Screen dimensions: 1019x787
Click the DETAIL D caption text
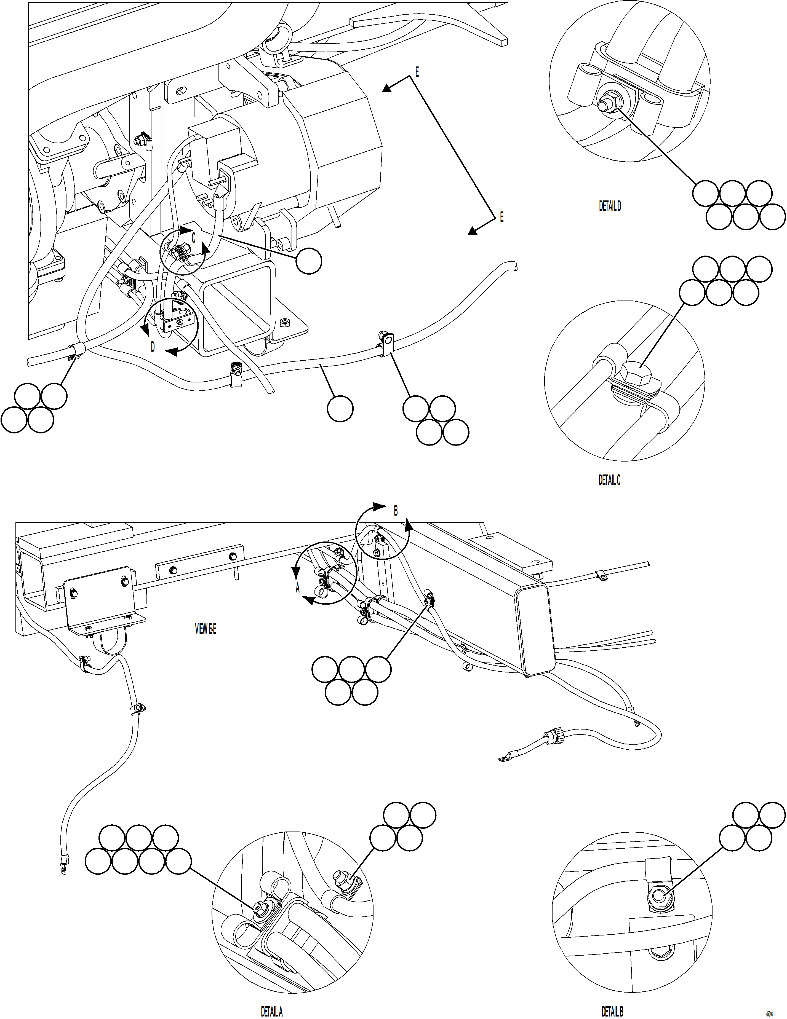pos(610,206)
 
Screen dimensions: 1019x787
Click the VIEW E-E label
pos(206,629)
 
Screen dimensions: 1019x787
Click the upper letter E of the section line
pos(417,72)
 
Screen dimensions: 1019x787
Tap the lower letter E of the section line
pos(502,218)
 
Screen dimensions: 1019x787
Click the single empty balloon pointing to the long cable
pos(340,409)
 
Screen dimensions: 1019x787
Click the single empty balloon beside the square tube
pos(309,261)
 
